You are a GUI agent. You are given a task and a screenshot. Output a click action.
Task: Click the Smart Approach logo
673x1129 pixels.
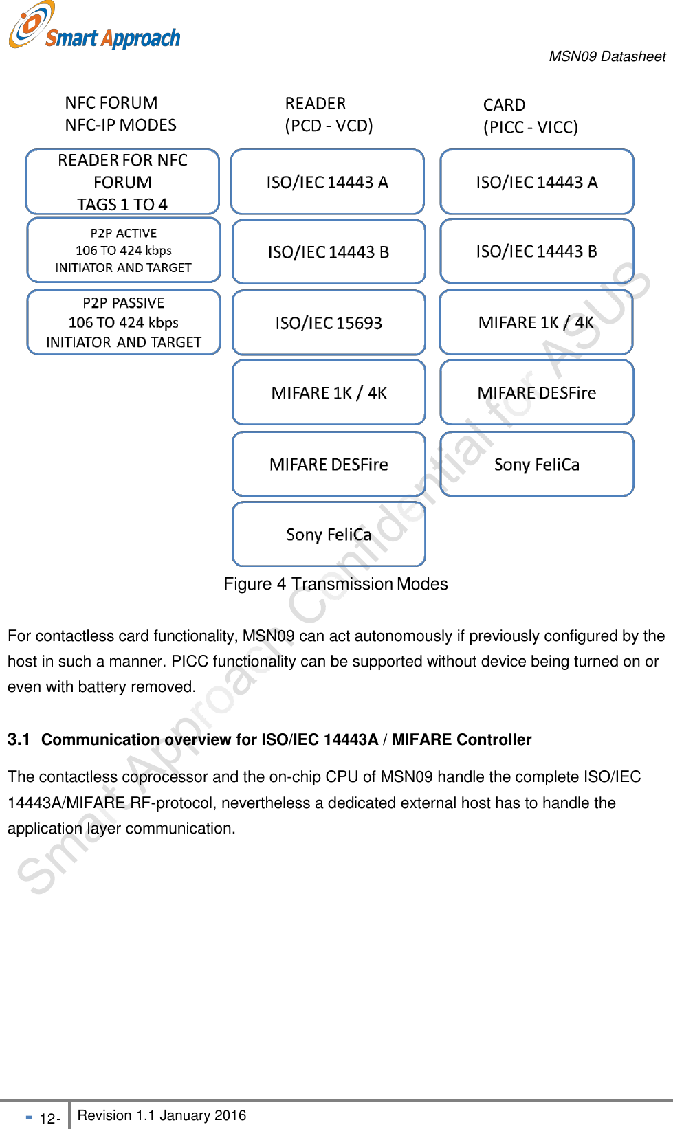[x=94, y=27]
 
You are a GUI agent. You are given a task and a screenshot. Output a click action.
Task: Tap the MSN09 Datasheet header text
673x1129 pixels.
[x=607, y=56]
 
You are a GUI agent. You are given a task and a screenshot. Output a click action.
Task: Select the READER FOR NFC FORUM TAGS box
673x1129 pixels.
[x=122, y=182]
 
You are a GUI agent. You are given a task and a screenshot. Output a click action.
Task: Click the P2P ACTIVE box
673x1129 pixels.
[x=124, y=250]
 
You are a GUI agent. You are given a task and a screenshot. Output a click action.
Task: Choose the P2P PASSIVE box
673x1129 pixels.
[x=124, y=322]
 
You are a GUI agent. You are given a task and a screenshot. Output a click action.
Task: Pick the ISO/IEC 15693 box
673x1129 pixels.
[x=329, y=323]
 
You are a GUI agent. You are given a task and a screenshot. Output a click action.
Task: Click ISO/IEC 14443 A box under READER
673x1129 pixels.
[x=327, y=182]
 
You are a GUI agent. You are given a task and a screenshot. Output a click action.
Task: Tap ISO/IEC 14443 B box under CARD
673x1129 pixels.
[x=536, y=251]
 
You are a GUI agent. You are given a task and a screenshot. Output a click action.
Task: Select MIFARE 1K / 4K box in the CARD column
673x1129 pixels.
[x=536, y=323]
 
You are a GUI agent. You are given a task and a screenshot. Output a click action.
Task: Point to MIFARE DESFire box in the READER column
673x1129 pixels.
[x=329, y=465]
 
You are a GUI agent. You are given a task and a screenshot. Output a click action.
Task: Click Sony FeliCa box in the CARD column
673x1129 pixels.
[x=536, y=465]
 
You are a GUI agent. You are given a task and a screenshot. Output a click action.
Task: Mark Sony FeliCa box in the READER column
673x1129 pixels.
[x=329, y=535]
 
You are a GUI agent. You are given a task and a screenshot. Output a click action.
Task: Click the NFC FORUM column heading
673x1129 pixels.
[x=120, y=114]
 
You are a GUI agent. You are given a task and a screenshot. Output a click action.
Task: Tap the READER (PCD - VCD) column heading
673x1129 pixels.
[x=329, y=115]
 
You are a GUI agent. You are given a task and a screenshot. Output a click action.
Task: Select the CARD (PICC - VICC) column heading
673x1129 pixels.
[x=530, y=116]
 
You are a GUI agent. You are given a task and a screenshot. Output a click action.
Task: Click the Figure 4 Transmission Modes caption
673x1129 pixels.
[x=335, y=584]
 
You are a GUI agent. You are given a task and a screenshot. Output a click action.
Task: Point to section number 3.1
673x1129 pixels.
[x=19, y=739]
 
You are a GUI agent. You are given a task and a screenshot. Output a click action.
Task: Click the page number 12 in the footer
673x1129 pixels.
[x=47, y=1118]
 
